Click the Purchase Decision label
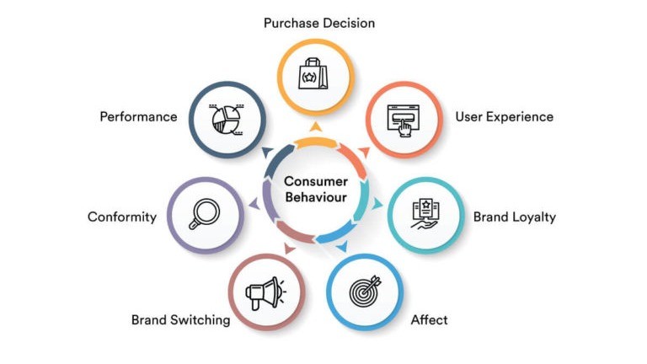point(318,23)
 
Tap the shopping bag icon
point(313,76)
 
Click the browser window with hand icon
point(403,118)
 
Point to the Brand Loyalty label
point(514,217)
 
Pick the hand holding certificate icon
point(425,214)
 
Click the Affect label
point(429,319)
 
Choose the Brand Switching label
point(180,319)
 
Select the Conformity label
point(122,217)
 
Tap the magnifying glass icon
point(205,214)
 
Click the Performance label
point(138,116)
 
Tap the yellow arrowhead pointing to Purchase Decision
point(314,127)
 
